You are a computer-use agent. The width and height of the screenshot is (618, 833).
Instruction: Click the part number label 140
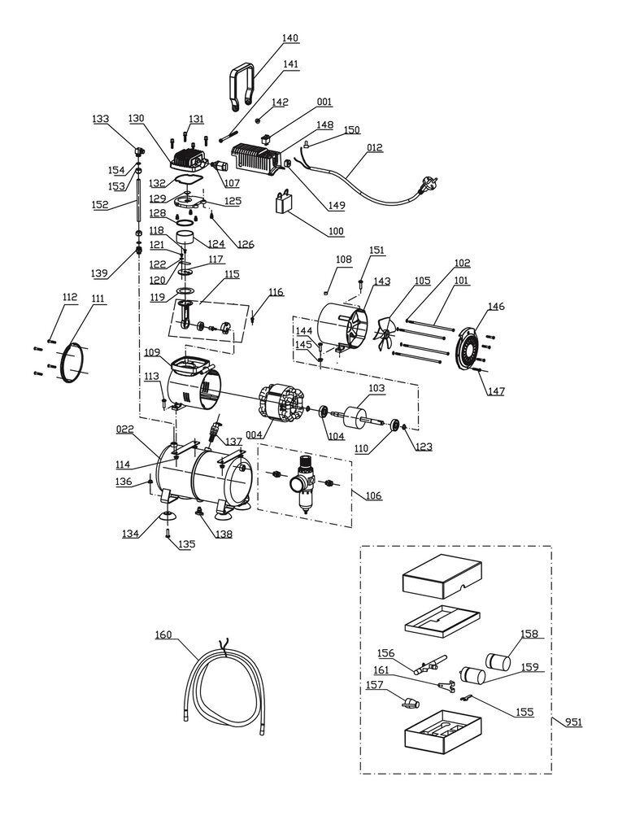tap(289, 38)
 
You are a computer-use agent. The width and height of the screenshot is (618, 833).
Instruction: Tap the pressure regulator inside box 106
tap(302, 484)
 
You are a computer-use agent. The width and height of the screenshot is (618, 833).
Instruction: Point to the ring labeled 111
tap(72, 362)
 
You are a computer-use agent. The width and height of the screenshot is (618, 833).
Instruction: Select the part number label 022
tap(124, 430)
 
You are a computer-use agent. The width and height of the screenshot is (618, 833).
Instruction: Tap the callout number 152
tap(100, 206)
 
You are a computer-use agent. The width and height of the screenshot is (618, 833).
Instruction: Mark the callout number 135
tap(187, 544)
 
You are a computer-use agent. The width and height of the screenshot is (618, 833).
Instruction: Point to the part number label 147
tap(495, 391)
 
